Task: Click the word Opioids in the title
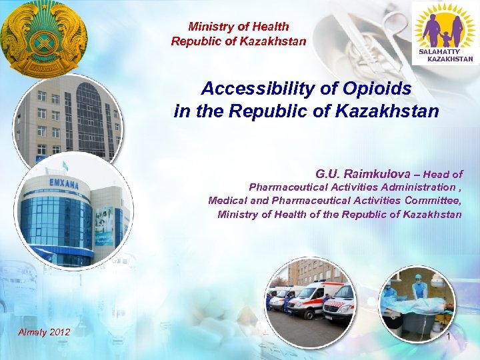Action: pyautogui.click(x=378, y=89)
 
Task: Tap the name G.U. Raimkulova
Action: pyautogui.click(x=359, y=174)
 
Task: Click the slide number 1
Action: pyautogui.click(x=449, y=337)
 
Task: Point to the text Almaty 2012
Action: pyautogui.click(x=44, y=332)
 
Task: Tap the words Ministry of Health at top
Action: pyautogui.click(x=239, y=27)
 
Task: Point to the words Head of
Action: pyautogui.click(x=443, y=174)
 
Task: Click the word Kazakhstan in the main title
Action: pyautogui.click(x=383, y=111)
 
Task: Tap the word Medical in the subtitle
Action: pyautogui.click(x=229, y=200)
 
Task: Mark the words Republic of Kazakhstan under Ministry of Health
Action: pyautogui.click(x=239, y=41)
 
